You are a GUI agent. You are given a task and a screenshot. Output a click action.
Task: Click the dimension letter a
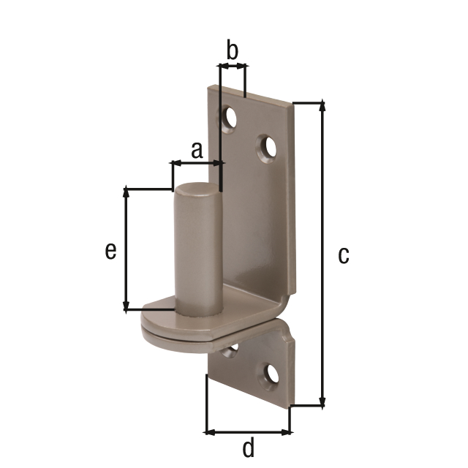tap(197, 151)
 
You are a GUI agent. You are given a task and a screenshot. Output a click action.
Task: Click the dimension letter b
tap(233, 49)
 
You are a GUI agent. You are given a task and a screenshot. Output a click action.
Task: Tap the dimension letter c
tap(344, 255)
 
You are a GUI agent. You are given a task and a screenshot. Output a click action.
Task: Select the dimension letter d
tap(249, 447)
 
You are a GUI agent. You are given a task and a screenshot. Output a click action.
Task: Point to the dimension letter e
tap(110, 251)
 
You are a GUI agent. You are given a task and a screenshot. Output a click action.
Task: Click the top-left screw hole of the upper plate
tap(230, 118)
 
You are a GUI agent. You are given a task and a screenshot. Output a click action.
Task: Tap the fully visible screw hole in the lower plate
tap(272, 374)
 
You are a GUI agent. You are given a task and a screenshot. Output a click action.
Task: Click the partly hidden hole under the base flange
tap(230, 350)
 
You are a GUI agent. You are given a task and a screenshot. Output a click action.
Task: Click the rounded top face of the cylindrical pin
tap(197, 189)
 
